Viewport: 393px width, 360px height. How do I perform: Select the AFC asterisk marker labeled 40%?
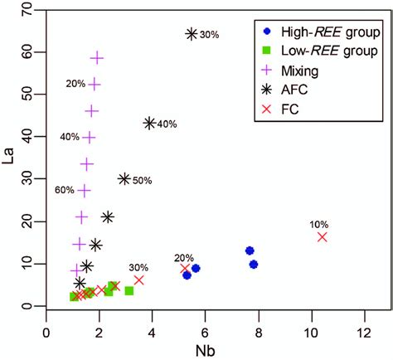tap(149, 123)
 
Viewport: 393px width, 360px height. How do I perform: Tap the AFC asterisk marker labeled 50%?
tap(124, 178)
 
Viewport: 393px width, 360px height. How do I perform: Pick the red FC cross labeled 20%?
tap(186, 269)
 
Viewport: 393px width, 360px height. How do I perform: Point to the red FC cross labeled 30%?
tap(138, 280)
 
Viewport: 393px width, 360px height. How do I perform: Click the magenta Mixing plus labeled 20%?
tap(95, 85)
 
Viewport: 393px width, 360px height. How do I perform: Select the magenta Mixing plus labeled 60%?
tap(84, 190)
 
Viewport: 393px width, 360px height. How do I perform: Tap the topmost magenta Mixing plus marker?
tap(97, 58)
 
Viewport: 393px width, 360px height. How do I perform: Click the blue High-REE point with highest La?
tap(249, 251)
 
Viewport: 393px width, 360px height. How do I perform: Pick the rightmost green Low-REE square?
tap(129, 291)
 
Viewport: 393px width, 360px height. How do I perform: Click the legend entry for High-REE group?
tap(318, 32)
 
